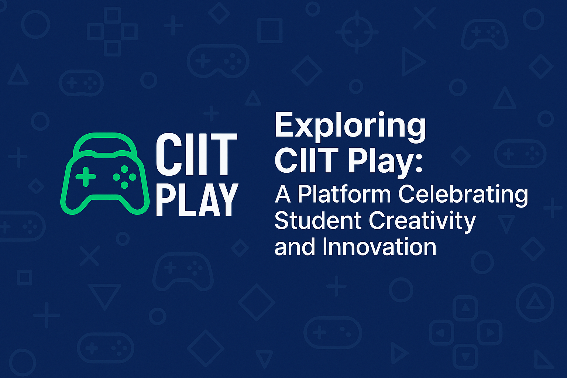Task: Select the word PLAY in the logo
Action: pos(197,200)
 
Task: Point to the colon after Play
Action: pos(419,165)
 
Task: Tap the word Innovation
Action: pos(379,247)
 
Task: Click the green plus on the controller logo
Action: pos(86,177)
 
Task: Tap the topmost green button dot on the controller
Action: pos(124,169)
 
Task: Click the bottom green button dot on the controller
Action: pos(124,185)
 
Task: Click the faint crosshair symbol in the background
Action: pos(357,32)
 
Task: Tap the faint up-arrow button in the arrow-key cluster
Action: pos(465,308)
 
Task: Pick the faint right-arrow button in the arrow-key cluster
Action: pos(490,333)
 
